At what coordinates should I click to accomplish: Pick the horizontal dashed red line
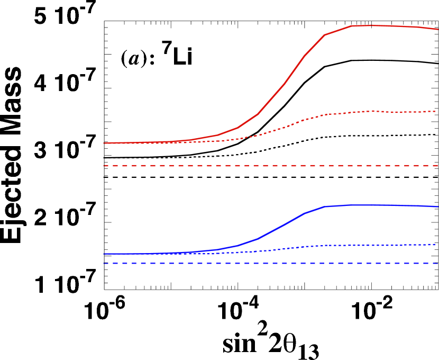click(264, 166)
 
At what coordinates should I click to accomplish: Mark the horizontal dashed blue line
click(264, 263)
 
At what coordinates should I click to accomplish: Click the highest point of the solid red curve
click(370, 25)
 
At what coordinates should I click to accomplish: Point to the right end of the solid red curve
click(438, 29)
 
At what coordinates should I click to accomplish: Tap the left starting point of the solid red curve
click(104, 143)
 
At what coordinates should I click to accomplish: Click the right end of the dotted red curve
click(437, 111)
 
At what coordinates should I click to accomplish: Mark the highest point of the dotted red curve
click(373, 111)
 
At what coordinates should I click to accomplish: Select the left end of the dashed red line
click(104, 166)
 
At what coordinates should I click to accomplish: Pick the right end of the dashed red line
click(437, 166)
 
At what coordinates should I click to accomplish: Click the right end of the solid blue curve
click(438, 206)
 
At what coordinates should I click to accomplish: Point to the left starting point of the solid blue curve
click(104, 254)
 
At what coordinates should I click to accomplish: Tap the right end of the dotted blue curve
click(437, 245)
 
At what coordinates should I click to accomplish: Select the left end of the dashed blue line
click(104, 263)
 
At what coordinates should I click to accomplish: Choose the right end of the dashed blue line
click(437, 263)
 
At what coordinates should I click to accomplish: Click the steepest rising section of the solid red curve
click(295, 70)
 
